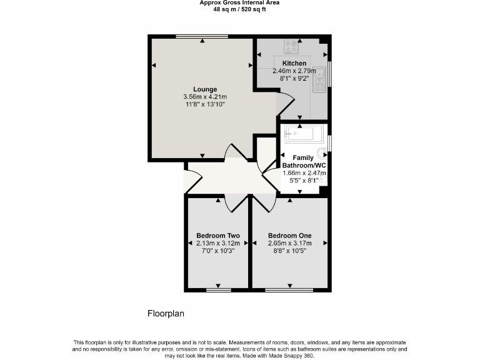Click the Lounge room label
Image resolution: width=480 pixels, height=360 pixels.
204,89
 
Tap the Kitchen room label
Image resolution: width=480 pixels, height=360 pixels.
294,63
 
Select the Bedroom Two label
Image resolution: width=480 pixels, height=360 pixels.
218,236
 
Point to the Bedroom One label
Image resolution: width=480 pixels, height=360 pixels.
289,236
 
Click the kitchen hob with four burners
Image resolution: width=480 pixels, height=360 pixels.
291,46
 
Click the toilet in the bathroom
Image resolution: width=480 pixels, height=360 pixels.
322,153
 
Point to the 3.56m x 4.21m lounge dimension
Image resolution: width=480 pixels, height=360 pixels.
204,97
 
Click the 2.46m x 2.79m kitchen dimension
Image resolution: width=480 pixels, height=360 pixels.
294,71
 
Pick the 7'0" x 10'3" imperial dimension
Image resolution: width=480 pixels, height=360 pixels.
218,251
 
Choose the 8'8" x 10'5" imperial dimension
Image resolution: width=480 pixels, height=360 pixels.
289,251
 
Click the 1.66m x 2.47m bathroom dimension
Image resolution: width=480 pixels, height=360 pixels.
304,173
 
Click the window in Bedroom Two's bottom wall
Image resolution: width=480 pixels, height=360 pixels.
218,291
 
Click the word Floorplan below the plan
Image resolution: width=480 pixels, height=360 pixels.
166,313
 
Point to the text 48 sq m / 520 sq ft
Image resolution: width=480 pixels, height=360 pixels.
239,9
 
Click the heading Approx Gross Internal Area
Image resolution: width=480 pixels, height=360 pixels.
239,3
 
